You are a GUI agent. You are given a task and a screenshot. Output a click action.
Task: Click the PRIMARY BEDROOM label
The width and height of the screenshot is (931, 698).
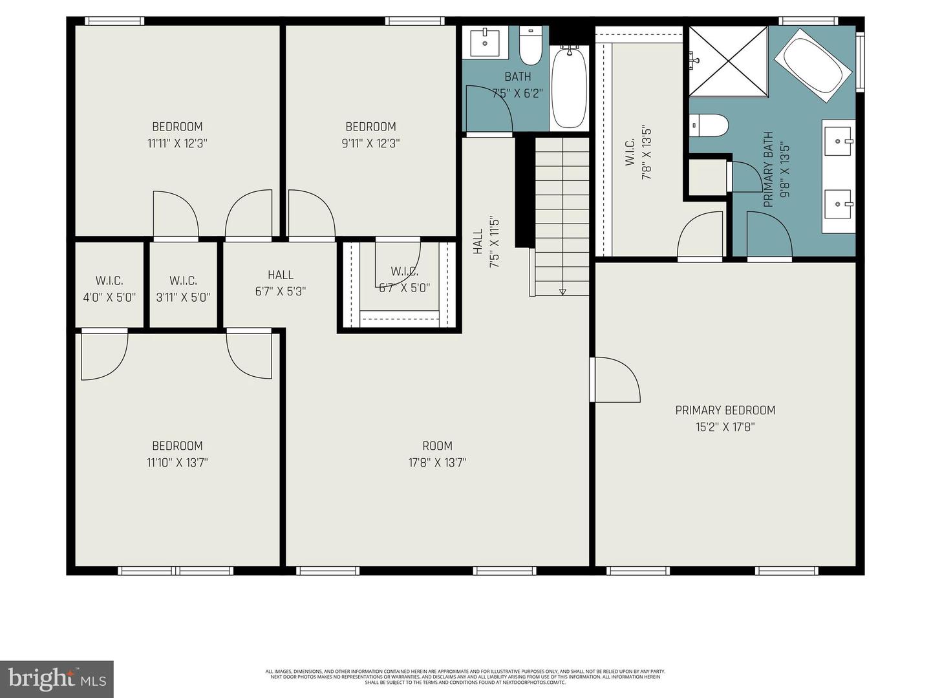click(x=725, y=410)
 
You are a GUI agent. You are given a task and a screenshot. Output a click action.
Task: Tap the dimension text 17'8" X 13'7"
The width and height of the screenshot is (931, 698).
click(x=437, y=462)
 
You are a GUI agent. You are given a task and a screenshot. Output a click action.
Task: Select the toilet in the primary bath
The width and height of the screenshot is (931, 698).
click(x=709, y=125)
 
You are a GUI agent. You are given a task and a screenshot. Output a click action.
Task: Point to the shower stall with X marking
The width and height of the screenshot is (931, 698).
click(x=729, y=61)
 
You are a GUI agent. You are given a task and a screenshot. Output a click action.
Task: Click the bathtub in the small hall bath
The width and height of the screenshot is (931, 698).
click(x=569, y=87)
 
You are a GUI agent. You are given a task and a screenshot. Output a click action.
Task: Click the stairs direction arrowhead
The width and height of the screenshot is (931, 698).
click(x=562, y=292)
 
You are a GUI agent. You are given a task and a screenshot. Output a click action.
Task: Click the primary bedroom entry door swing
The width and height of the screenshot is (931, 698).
click(x=615, y=380)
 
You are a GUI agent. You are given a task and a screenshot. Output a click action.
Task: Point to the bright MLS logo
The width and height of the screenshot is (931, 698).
click(x=57, y=679)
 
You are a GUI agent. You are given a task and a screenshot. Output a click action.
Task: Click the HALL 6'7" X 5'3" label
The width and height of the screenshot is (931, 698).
click(x=280, y=282)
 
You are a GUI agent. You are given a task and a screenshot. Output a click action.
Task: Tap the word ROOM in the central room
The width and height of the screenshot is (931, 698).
click(x=437, y=445)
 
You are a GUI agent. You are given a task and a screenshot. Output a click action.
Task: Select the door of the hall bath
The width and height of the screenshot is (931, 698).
click(x=489, y=110)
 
